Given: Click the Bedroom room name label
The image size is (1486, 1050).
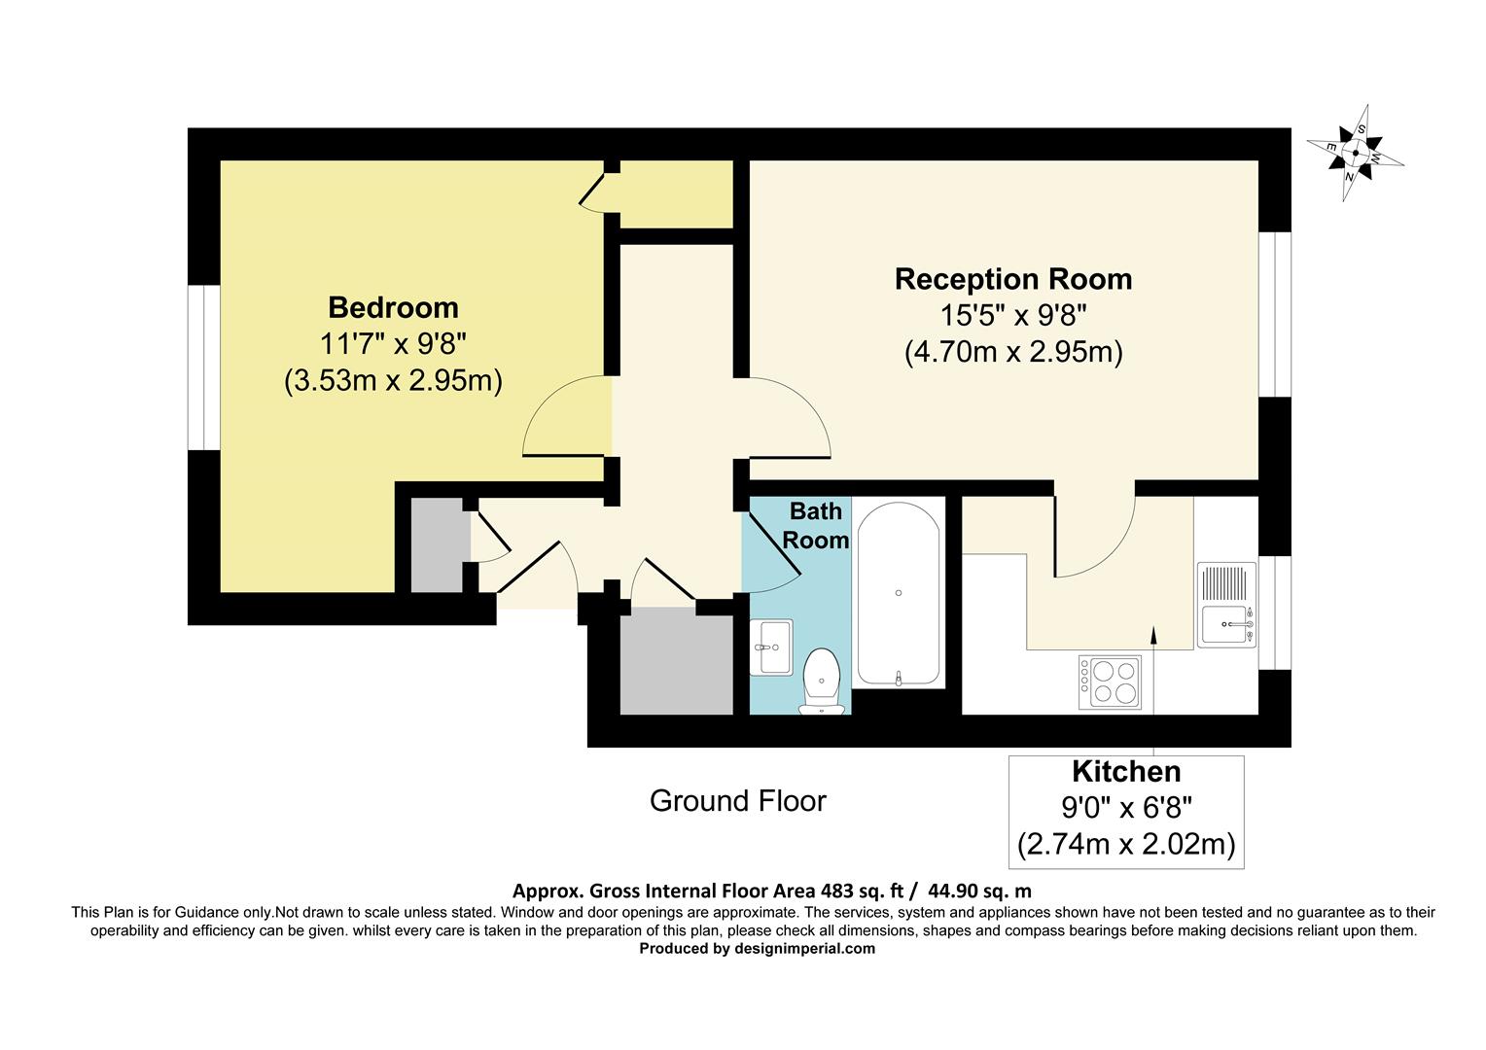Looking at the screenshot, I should tap(393, 307).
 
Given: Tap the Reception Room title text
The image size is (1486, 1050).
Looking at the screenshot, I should tap(1012, 279).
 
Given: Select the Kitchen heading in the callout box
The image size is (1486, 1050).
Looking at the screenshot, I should tap(1125, 772).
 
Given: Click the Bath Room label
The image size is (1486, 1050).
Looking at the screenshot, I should tap(815, 525).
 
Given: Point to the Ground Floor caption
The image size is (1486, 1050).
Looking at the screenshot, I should tap(737, 801).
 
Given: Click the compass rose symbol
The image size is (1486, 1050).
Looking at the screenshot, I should tap(1355, 153).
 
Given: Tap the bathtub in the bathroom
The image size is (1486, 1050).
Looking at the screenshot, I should tap(898, 593).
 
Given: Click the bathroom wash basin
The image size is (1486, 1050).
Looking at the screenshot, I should tap(771, 646).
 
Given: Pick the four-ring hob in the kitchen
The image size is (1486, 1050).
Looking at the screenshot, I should tap(1110, 682).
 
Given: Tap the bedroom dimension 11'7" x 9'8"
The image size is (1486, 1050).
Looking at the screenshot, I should tap(393, 343).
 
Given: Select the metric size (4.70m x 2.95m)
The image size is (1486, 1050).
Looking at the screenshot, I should tap(1012, 351).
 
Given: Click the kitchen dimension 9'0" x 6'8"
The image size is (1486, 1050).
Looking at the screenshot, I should tap(1125, 807).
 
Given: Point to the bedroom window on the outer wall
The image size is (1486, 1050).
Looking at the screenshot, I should tap(203, 367).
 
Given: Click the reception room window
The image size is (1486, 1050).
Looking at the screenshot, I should tap(1275, 314).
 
